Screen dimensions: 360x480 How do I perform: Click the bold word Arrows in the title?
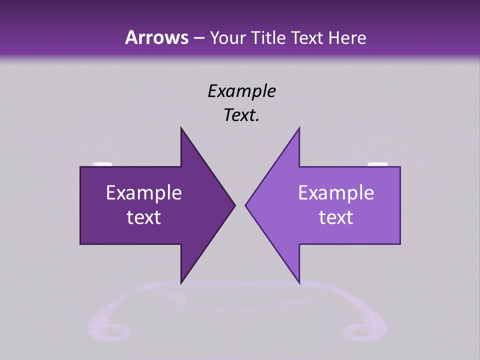click(x=156, y=37)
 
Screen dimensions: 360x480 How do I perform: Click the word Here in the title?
click(x=347, y=38)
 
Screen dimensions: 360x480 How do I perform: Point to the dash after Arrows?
click(x=198, y=38)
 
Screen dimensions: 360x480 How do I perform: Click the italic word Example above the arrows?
click(x=241, y=91)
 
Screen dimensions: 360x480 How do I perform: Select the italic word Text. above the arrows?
click(x=241, y=115)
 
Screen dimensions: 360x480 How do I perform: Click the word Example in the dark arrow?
click(x=144, y=193)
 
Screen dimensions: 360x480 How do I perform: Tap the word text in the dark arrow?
click(x=144, y=217)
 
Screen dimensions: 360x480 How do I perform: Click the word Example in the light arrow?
click(x=336, y=193)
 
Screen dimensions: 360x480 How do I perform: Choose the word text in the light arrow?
click(x=336, y=217)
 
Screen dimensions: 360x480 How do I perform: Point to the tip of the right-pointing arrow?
click(x=234, y=205)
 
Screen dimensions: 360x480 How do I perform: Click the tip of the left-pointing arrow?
click(x=245, y=205)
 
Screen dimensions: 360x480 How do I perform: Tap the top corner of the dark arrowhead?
click(x=181, y=128)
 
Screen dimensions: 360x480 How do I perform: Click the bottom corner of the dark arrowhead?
click(x=181, y=283)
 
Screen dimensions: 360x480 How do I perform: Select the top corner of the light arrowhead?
click(x=299, y=128)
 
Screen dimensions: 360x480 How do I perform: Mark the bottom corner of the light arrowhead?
click(x=299, y=283)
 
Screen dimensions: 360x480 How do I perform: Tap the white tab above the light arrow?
click(x=377, y=164)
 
